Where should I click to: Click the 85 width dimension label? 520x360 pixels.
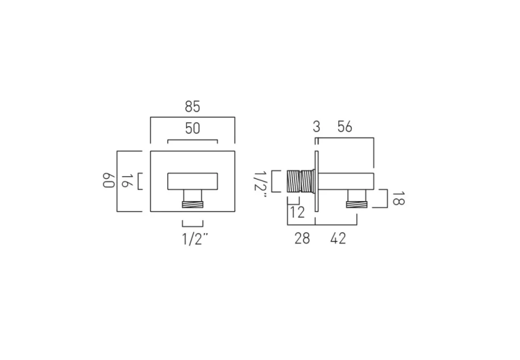click(192, 107)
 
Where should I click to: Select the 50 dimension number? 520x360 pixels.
click(192, 128)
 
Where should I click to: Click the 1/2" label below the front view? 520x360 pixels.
click(192, 238)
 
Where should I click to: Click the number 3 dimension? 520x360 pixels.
click(317, 127)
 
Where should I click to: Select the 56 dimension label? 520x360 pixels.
click(344, 127)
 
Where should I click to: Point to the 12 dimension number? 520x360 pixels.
click(297, 213)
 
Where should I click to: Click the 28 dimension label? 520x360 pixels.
click(302, 238)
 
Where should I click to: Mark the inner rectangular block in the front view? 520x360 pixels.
click(192, 181)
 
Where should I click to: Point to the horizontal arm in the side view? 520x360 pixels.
click(347, 181)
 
